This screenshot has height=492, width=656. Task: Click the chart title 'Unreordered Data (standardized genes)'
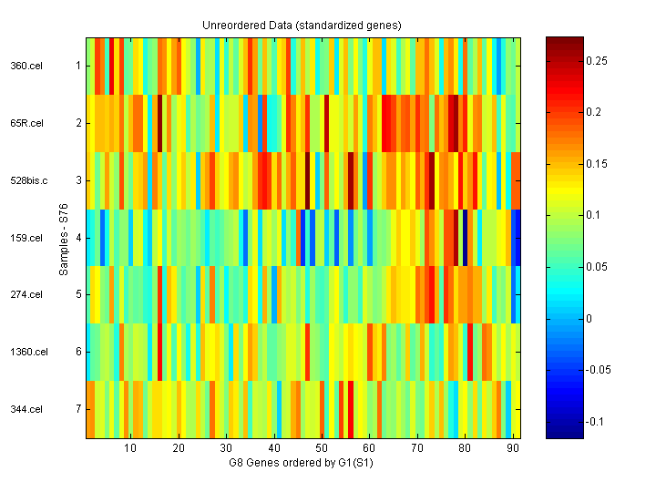pyautogui.click(x=302, y=25)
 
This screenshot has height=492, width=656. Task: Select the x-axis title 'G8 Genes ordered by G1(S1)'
pyautogui.click(x=302, y=463)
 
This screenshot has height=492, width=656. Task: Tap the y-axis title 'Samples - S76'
pyautogui.click(x=63, y=238)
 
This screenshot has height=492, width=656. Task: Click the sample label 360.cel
pyautogui.click(x=26, y=66)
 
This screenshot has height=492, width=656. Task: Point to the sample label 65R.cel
pyautogui.click(x=26, y=123)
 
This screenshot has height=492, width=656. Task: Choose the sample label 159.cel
pyautogui.click(x=26, y=238)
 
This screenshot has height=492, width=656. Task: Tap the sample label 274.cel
pyautogui.click(x=26, y=294)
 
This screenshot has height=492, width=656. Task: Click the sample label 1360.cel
pyautogui.click(x=28, y=352)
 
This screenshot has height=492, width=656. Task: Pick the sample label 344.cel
pyautogui.click(x=26, y=409)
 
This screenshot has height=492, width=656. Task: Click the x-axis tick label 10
pyautogui.click(x=130, y=448)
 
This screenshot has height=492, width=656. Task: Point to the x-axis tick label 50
pyautogui.click(x=321, y=448)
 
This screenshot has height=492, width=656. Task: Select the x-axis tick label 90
pyautogui.click(x=512, y=448)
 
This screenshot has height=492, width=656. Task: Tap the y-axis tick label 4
pyautogui.click(x=78, y=238)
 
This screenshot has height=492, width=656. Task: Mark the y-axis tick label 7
pyautogui.click(x=78, y=409)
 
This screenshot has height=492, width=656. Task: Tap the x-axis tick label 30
pyautogui.click(x=226, y=448)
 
